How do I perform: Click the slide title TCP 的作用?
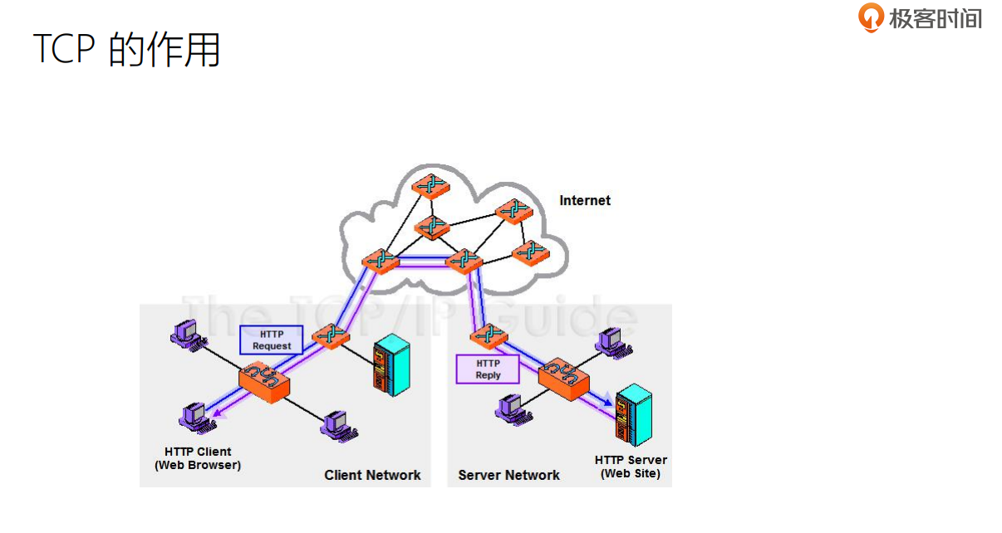(x=126, y=50)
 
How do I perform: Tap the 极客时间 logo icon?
(x=871, y=17)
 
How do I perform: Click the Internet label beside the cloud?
(x=585, y=200)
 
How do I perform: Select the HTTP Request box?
(x=271, y=340)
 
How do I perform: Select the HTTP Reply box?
(x=488, y=369)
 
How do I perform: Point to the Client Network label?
(x=372, y=475)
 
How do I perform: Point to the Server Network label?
(x=508, y=475)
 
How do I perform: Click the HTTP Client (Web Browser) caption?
(x=198, y=458)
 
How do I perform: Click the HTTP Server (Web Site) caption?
(x=631, y=467)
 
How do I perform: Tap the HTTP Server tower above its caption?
(x=633, y=415)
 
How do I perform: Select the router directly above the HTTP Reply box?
(x=487, y=335)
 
